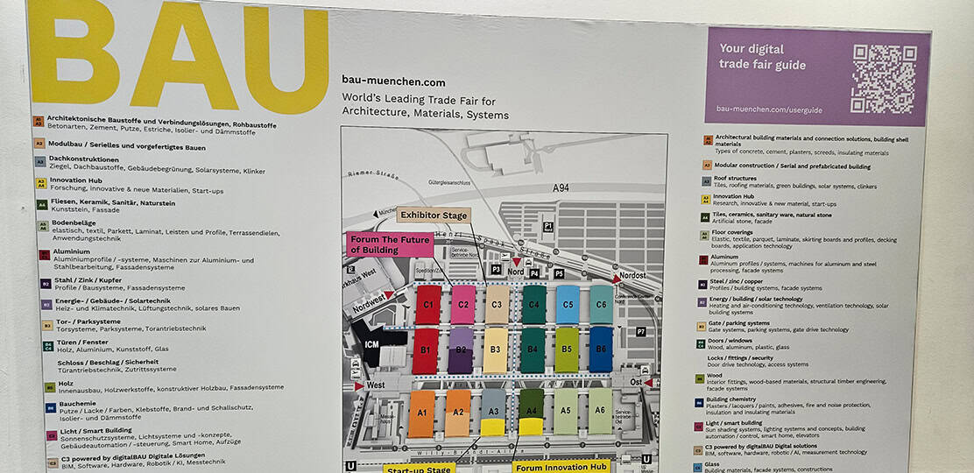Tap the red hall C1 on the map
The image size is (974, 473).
[x=427, y=305]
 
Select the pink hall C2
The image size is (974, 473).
[x=462, y=305]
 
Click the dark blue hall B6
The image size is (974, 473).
[x=601, y=349]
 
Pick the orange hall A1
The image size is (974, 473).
[x=421, y=413]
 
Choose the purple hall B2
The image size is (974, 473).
[x=461, y=349]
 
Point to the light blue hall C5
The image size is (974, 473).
[x=568, y=305]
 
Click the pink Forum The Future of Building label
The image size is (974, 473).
[x=391, y=244]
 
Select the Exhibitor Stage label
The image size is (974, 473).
[x=433, y=215]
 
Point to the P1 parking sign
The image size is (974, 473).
[x=548, y=226]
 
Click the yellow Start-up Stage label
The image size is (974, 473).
[x=419, y=467]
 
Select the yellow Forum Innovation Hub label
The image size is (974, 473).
[x=561, y=467]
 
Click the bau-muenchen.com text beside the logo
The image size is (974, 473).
[x=393, y=81]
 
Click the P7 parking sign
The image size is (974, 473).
[x=640, y=332]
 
